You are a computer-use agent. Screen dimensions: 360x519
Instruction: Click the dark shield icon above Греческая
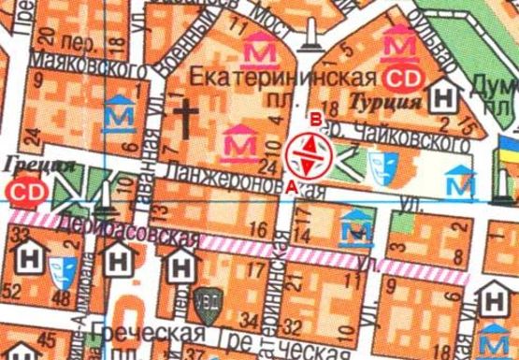(206, 300)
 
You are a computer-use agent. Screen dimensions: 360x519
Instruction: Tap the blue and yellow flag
(509, 149)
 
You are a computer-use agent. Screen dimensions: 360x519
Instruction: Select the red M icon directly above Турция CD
(402, 43)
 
